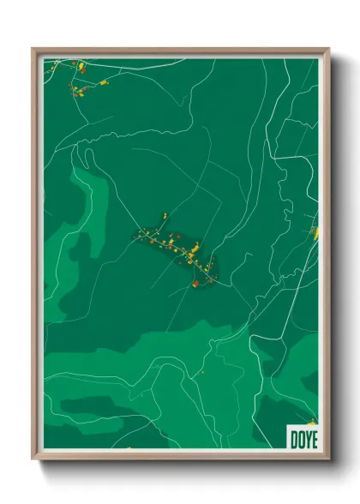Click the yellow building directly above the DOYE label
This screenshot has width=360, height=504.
[x=313, y=421]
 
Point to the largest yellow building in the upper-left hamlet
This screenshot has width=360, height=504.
[x=82, y=65]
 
